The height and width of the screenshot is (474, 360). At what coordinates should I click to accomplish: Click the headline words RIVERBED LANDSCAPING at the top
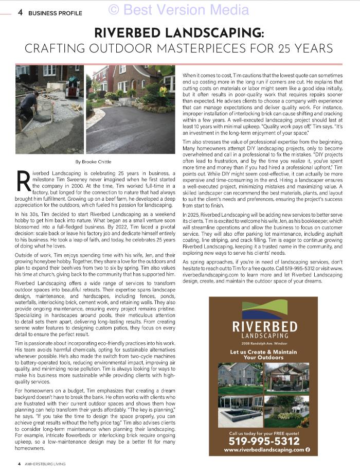pyautogui.click(x=179, y=33)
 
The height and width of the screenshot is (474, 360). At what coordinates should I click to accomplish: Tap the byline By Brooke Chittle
pyautogui.click(x=93, y=162)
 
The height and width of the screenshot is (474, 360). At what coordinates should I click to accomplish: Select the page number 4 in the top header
pyautogui.click(x=20, y=13)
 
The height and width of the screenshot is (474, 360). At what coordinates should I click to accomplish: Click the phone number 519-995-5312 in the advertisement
pyautogui.click(x=263, y=441)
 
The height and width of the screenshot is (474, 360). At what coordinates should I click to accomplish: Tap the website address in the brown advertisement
pyautogui.click(x=261, y=450)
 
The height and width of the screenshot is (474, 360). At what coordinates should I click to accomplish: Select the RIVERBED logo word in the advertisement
pyautogui.click(x=264, y=326)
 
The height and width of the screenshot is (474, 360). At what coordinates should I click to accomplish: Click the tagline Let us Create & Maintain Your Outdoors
pyautogui.click(x=263, y=355)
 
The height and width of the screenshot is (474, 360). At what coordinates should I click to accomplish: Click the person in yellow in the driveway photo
pyautogui.click(x=163, y=92)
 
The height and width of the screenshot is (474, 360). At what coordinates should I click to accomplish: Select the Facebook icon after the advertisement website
pyautogui.click(x=308, y=450)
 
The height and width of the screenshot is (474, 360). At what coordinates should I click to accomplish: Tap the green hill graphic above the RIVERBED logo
pyautogui.click(x=264, y=309)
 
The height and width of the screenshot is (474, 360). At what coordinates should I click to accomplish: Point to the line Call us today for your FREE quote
pyautogui.click(x=263, y=432)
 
